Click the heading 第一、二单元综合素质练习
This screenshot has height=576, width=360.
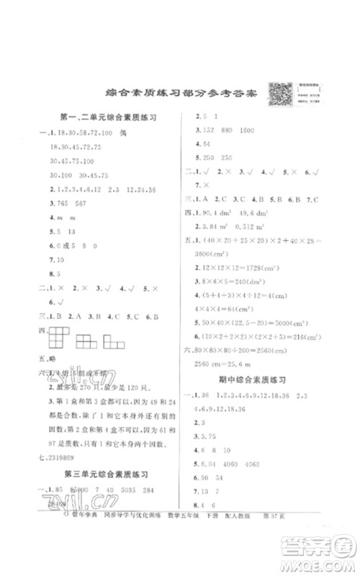106,116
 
